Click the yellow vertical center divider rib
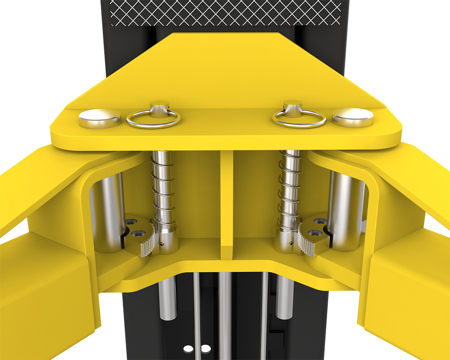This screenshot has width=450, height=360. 226,202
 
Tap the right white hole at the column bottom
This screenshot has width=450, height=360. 205,349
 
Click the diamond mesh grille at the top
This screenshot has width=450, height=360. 225,11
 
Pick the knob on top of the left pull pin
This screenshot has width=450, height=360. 159,106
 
